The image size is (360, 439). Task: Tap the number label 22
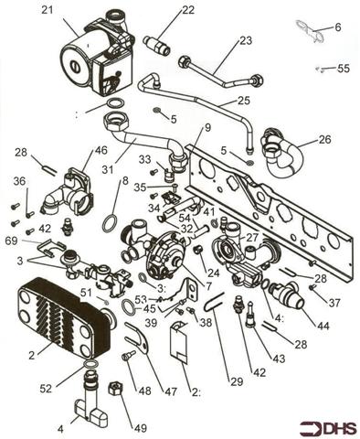pyautogui.click(x=188, y=10)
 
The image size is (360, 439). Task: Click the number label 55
pyautogui.click(x=343, y=69)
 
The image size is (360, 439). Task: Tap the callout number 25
pyautogui.click(x=243, y=100)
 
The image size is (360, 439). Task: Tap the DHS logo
pyautogui.click(x=324, y=425)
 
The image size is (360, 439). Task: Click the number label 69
pyautogui.click(x=12, y=240)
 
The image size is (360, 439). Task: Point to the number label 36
pyautogui.click(x=19, y=181)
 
